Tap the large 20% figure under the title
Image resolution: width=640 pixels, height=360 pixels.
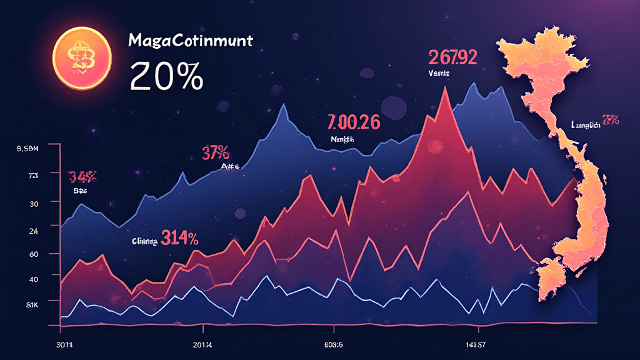pos(166,77)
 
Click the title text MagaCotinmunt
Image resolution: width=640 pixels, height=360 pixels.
pos(190,42)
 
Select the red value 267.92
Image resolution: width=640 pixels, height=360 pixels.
pos(453,57)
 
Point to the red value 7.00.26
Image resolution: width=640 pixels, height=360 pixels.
pos(353,122)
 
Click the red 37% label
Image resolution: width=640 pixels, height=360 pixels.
pos(216,152)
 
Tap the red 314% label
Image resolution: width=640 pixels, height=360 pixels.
pos(179,237)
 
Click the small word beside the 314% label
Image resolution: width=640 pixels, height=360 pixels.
pos(144,239)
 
